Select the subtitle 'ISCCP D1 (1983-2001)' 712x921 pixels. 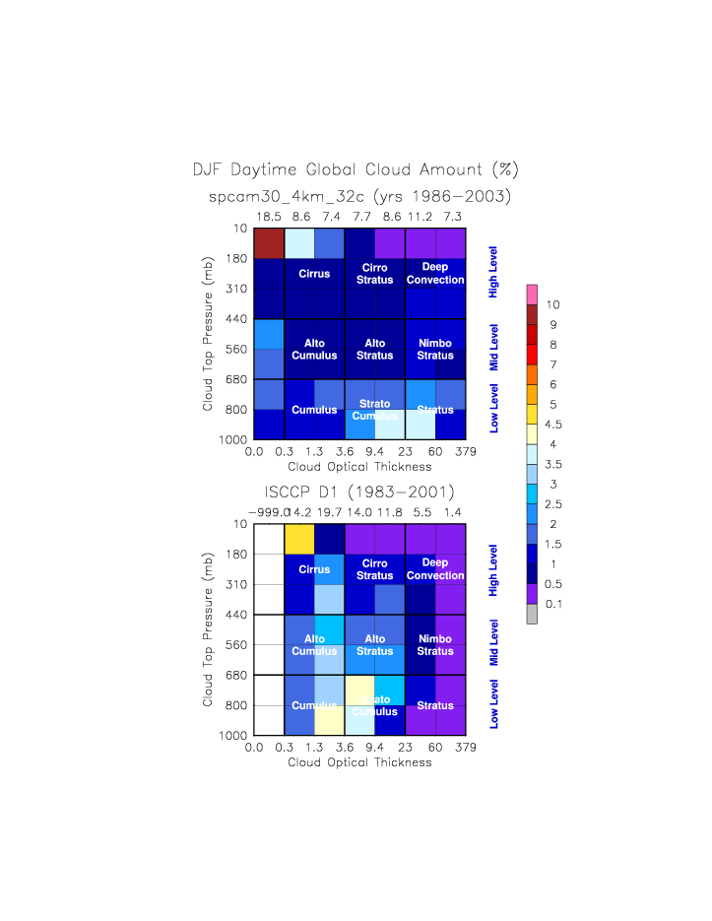pyautogui.click(x=359, y=492)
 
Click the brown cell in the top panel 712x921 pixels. pyautogui.click(x=269, y=242)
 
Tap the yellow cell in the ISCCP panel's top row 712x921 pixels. pyautogui.click(x=299, y=539)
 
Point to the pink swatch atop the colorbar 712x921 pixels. pyautogui.click(x=532, y=294)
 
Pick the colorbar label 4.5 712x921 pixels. pyautogui.click(x=553, y=425)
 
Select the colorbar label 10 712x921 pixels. pyautogui.click(x=552, y=304)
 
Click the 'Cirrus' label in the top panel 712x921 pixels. pyautogui.click(x=314, y=274)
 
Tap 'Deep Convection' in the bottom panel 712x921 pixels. pyautogui.click(x=435, y=569)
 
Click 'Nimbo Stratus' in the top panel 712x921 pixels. pyautogui.click(x=435, y=350)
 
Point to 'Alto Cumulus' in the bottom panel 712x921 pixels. pyautogui.click(x=314, y=645)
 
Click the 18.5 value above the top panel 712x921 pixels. pyautogui.click(x=269, y=215)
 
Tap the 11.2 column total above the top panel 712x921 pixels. pyautogui.click(x=421, y=215)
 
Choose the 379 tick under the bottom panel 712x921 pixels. pyautogui.click(x=466, y=749)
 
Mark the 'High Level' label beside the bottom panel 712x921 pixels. pyautogui.click(x=494, y=569)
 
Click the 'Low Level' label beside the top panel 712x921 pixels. pyautogui.click(x=494, y=409)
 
